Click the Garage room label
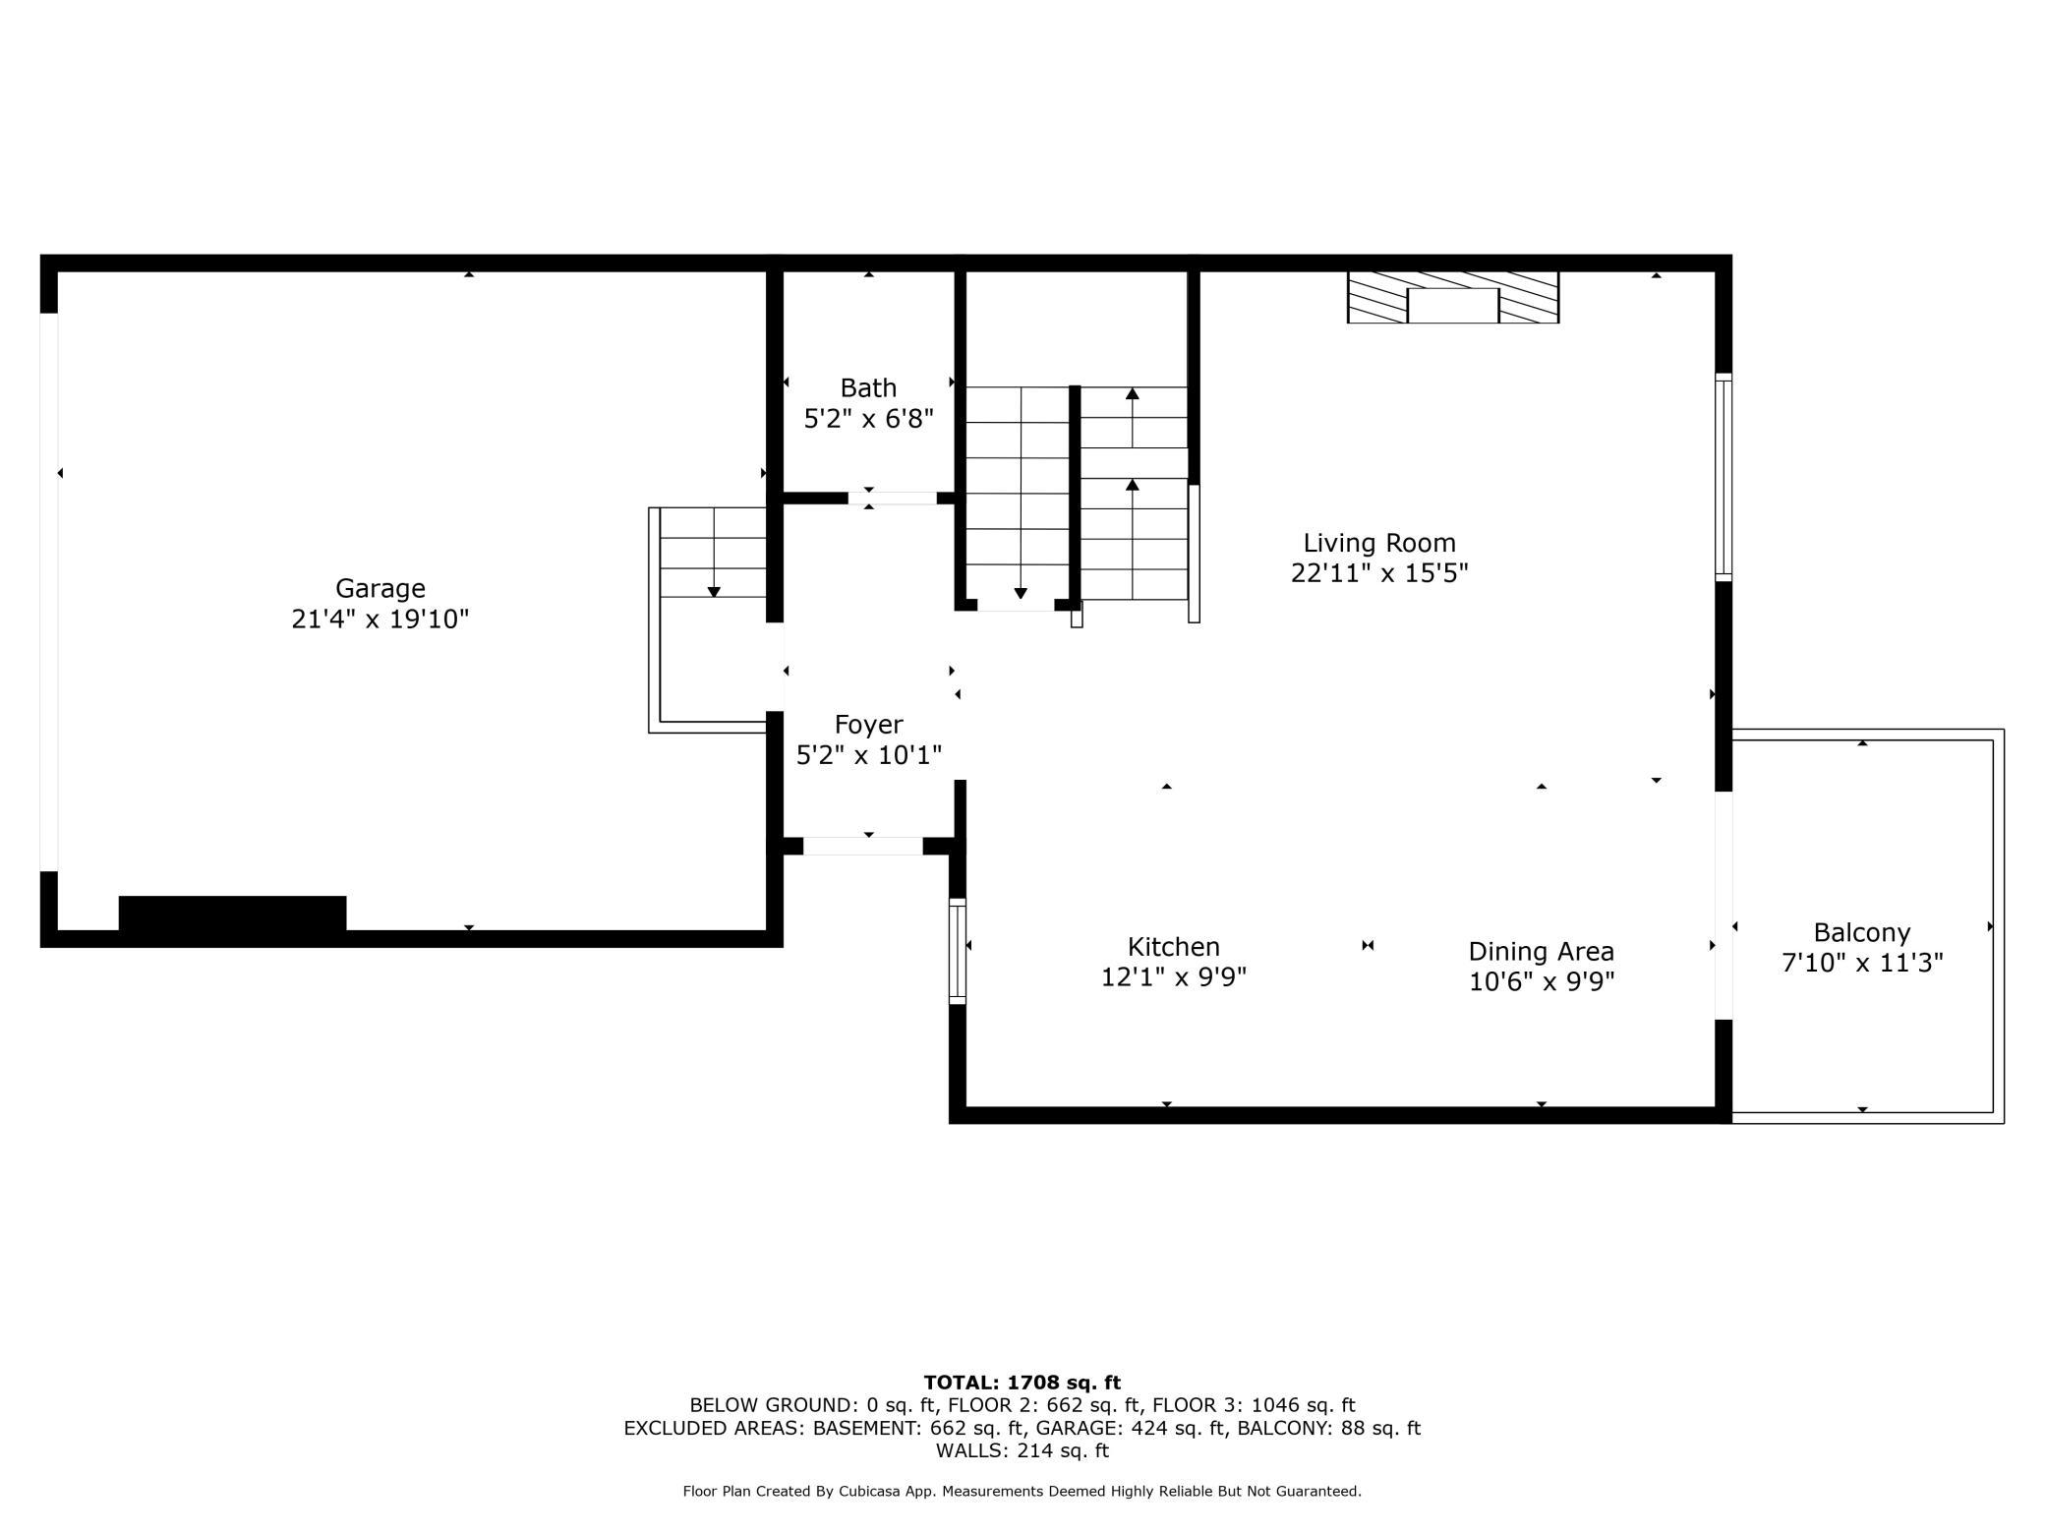click(x=380, y=588)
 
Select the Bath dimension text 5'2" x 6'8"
click(x=868, y=419)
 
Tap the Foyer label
click(x=868, y=725)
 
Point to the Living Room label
click(x=1379, y=543)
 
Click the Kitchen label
click(x=1174, y=947)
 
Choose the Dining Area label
click(x=1542, y=952)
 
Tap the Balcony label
click(x=1862, y=932)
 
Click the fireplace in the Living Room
click(x=1453, y=297)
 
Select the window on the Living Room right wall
click(x=1724, y=477)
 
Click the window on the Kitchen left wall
click(x=958, y=951)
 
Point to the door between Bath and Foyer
click(x=893, y=499)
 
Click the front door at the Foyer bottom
click(x=863, y=846)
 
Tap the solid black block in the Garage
click(x=233, y=913)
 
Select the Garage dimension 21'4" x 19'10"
click(x=380, y=619)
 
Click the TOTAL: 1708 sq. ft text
click(x=1022, y=1383)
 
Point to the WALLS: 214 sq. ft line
click(x=1022, y=1450)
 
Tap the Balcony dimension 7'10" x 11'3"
click(x=1862, y=963)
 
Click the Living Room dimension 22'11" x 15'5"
click(x=1379, y=573)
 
